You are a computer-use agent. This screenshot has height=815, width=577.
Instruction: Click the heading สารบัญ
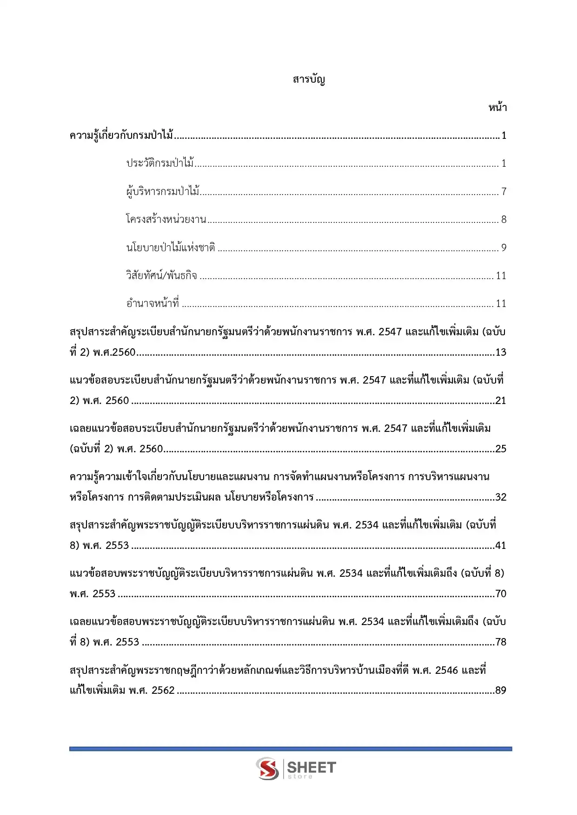pyautogui.click(x=309, y=79)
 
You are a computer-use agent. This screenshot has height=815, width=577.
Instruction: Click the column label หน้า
pyautogui.click(x=497, y=108)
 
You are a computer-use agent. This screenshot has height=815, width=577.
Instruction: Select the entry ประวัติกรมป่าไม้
pyautogui.click(x=160, y=163)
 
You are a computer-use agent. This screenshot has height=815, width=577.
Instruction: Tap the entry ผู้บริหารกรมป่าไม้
pyautogui.click(x=163, y=191)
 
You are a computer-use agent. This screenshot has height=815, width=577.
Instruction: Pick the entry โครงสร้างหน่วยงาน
pyautogui.click(x=166, y=219)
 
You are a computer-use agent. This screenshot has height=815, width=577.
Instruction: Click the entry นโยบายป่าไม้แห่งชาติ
pyautogui.click(x=171, y=248)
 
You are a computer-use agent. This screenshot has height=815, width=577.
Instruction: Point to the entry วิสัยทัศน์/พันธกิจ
pyautogui.click(x=161, y=275)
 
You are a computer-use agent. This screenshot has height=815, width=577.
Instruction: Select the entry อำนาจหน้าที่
pyautogui.click(x=153, y=303)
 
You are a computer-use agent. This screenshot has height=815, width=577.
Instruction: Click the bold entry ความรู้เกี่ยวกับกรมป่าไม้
pyautogui.click(x=121, y=136)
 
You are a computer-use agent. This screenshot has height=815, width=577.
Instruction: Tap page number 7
pyautogui.click(x=504, y=191)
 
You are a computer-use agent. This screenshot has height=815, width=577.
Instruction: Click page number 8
pyautogui.click(x=504, y=219)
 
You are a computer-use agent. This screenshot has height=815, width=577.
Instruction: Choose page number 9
pyautogui.click(x=504, y=248)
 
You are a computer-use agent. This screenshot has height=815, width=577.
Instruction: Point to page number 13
pyautogui.click(x=501, y=352)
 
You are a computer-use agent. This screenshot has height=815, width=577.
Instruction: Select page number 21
pyautogui.click(x=501, y=400)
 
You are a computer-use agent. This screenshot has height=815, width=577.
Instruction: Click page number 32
pyautogui.click(x=501, y=497)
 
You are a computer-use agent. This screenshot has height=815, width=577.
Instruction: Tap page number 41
pyautogui.click(x=501, y=545)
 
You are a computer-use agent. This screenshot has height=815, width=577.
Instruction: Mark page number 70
pyautogui.click(x=501, y=593)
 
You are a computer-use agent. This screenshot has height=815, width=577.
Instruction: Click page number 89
pyautogui.click(x=501, y=690)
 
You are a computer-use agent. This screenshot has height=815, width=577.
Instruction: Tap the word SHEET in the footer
pyautogui.click(x=312, y=767)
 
